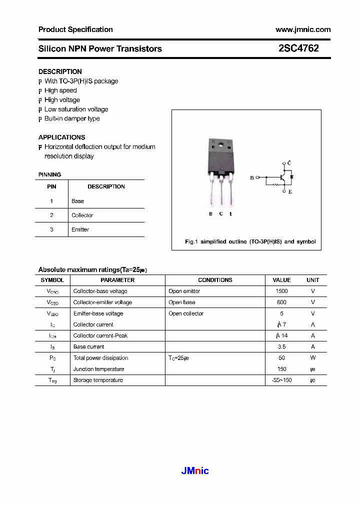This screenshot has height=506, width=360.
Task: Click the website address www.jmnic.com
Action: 303,29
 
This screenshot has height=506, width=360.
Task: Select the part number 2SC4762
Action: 298,48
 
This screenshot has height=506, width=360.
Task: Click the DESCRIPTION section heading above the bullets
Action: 60,71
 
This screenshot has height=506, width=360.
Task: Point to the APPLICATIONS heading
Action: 61,137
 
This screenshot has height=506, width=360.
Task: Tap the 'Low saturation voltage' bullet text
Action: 76,109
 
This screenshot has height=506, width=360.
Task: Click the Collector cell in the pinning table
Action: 82,215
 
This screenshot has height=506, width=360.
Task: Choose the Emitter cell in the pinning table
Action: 80,229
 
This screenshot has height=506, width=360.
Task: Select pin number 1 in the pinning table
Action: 51,201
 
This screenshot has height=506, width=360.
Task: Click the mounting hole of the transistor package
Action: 220,146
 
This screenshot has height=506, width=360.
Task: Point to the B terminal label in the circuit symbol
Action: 252,177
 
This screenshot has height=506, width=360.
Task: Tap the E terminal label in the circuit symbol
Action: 290,191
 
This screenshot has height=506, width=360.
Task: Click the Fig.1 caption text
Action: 250,241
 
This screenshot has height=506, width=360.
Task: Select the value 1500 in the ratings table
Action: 281,291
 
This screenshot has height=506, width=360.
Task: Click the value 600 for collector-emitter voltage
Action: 281,302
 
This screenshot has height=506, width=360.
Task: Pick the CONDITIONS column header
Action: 215,280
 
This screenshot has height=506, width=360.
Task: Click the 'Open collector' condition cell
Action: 186,313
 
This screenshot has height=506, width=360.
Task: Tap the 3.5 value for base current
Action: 281,346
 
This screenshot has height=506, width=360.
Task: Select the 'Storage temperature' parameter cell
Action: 98,380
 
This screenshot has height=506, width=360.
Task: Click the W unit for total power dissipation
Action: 313,358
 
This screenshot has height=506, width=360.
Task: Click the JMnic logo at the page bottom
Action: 194,470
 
